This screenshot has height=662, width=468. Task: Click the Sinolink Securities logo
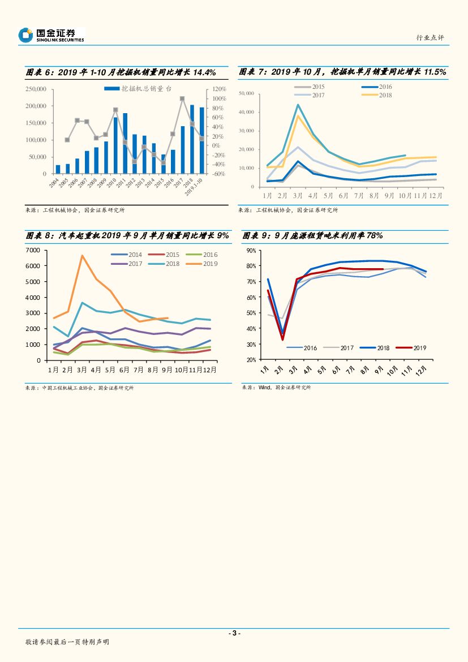[51, 36]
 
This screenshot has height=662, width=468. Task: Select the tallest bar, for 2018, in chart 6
[192, 139]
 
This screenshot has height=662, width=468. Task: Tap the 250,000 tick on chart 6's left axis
[36, 89]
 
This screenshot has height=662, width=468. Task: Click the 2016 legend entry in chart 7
[376, 87]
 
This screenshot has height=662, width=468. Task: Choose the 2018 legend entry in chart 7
[376, 95]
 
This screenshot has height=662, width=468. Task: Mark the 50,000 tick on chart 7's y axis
[246, 93]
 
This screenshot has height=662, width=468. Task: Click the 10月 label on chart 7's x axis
[404, 195]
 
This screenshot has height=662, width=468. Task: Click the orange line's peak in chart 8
[82, 256]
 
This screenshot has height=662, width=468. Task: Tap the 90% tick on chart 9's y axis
[251, 250]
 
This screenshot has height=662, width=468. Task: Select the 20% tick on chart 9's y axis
[251, 360]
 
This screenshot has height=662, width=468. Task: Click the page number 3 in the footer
[234, 633]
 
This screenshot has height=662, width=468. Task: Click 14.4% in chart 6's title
[205, 72]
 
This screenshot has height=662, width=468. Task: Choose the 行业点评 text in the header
[430, 38]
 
